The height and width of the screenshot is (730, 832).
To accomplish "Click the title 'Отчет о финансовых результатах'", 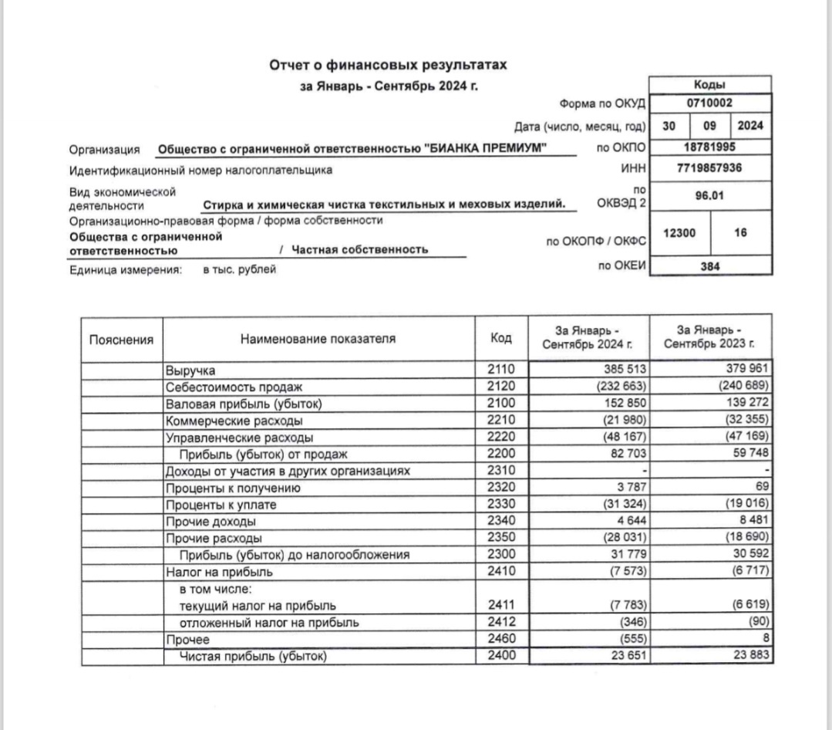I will [389, 66].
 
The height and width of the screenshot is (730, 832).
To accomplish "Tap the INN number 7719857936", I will [710, 167].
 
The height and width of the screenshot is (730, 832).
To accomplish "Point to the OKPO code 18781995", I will [710, 147].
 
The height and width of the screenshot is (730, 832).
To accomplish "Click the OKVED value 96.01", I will [710, 195].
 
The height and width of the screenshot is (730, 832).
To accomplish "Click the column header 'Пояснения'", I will [121, 339].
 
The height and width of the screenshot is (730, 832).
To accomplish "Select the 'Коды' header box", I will [710, 85].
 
